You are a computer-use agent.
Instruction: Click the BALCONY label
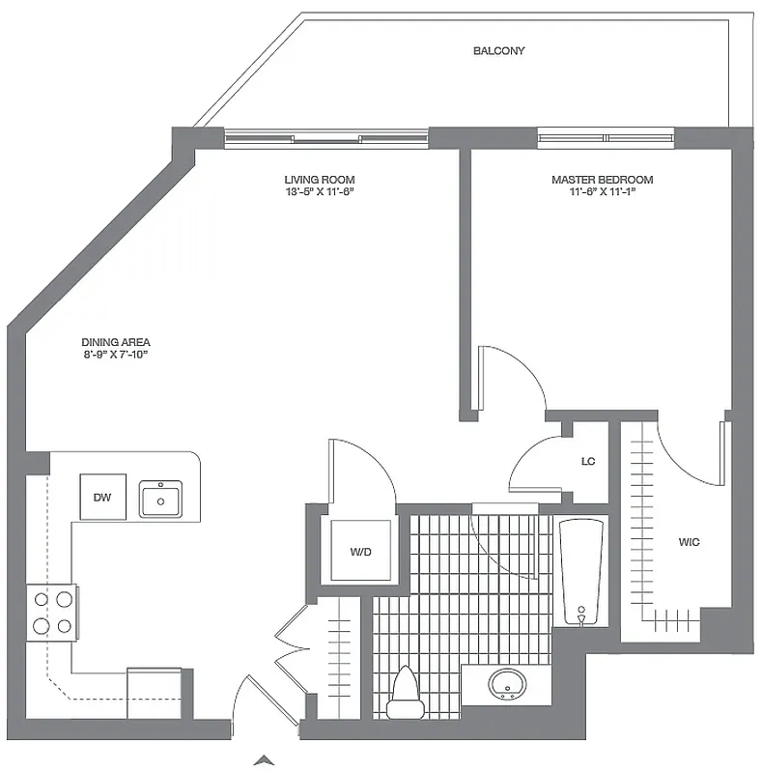click(x=498, y=50)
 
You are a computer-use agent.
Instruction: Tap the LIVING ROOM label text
click(x=319, y=180)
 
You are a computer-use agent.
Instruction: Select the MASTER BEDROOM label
click(x=602, y=180)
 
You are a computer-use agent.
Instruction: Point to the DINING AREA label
click(x=116, y=342)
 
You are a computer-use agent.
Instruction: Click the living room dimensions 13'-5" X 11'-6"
click(x=319, y=191)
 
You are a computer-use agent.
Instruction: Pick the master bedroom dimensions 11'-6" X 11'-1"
click(x=602, y=191)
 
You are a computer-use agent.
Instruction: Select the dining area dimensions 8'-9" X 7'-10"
click(x=116, y=355)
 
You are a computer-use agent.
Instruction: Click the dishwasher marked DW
click(x=102, y=497)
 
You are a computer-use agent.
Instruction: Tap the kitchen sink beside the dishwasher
click(x=160, y=500)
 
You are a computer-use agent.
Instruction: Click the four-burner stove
click(x=53, y=612)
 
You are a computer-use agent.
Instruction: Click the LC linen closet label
click(x=588, y=462)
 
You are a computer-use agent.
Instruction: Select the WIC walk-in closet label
click(x=689, y=542)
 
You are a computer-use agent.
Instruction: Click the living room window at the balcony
click(x=326, y=138)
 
